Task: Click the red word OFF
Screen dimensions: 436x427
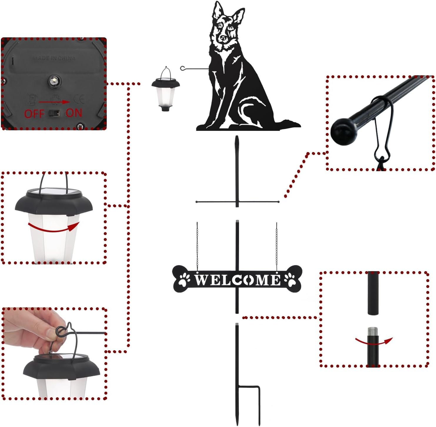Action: [34, 114]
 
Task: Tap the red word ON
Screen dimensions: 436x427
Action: [74, 113]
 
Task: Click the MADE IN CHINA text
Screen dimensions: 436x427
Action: [54, 58]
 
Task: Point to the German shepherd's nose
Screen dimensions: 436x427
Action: [224, 38]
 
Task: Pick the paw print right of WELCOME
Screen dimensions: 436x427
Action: [290, 280]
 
